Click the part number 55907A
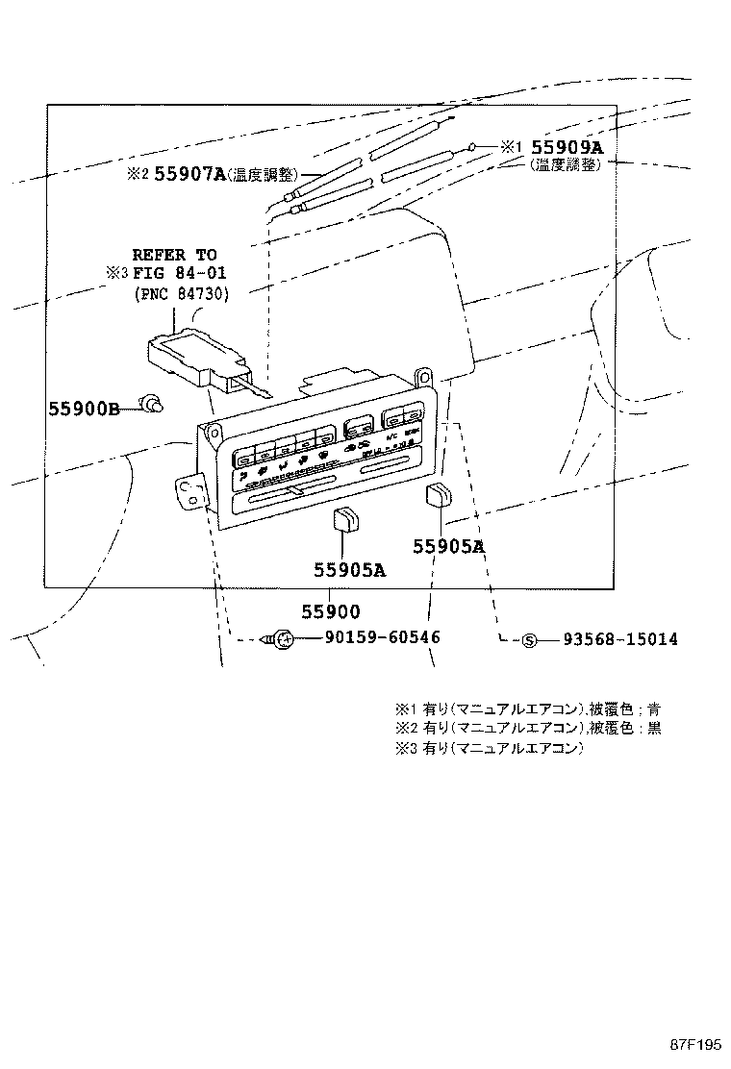click(x=189, y=174)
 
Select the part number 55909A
click(x=568, y=147)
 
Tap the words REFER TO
click(x=174, y=255)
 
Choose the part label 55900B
click(x=84, y=409)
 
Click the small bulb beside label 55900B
click(x=150, y=407)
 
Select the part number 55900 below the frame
click(x=330, y=611)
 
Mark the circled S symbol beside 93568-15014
click(x=528, y=640)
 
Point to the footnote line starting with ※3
click(x=489, y=747)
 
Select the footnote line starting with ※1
click(x=527, y=709)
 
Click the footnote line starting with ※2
click(x=527, y=728)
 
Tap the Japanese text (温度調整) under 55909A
click(x=566, y=165)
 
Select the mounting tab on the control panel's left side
click(x=192, y=492)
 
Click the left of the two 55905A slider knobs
click(x=344, y=520)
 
